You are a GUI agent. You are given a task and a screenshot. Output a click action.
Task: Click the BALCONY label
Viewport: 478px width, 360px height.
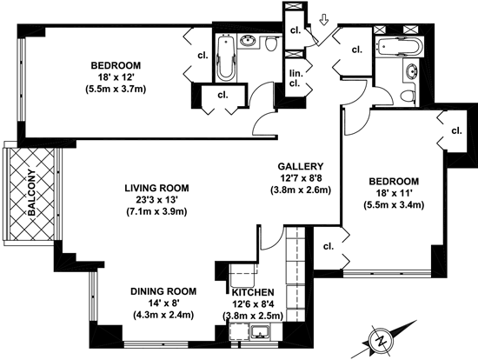(x=31, y=192)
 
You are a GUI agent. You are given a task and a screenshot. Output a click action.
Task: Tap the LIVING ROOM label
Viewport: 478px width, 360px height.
(x=156, y=188)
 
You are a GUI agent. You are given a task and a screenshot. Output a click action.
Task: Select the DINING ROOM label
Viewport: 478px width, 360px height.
(x=163, y=291)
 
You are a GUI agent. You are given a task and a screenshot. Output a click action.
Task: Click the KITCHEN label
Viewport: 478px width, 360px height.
(x=253, y=292)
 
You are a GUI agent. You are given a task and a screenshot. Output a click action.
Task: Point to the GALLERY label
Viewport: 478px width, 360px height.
(x=301, y=166)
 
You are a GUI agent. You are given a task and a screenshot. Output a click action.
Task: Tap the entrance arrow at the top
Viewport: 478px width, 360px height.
(x=324, y=21)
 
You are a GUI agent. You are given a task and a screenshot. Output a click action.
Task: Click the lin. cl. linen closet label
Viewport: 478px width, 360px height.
(x=295, y=78)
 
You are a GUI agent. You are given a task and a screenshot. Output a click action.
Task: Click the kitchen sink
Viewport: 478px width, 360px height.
(x=260, y=332)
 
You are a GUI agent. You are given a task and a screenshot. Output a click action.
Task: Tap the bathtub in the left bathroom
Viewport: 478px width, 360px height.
(x=226, y=57)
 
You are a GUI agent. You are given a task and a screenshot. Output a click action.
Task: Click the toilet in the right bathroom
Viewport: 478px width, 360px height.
(x=408, y=97)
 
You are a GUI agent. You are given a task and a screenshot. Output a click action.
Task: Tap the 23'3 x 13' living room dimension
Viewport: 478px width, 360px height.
(x=156, y=200)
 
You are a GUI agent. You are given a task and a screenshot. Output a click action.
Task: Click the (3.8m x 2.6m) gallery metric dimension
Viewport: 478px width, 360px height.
(x=301, y=190)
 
